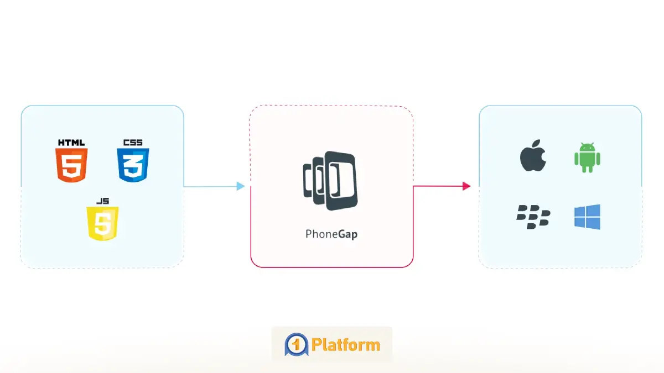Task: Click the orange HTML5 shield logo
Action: pyautogui.click(x=71, y=165)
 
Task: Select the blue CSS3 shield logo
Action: pyautogui.click(x=133, y=165)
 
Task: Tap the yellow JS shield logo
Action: pyautogui.click(x=102, y=223)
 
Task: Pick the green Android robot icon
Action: pyautogui.click(x=587, y=157)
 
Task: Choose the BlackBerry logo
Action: pyautogui.click(x=533, y=216)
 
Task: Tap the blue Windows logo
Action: pyautogui.click(x=587, y=216)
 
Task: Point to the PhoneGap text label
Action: pyautogui.click(x=331, y=234)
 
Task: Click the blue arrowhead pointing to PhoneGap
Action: pyautogui.click(x=241, y=186)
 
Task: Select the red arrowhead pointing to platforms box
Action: pyautogui.click(x=466, y=186)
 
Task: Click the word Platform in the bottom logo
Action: pyautogui.click(x=345, y=345)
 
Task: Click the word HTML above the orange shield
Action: pyautogui.click(x=71, y=143)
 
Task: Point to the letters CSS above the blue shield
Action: pyautogui.click(x=133, y=143)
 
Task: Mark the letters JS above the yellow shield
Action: pyautogui.click(x=102, y=201)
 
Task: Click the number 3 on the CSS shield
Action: pyautogui.click(x=133, y=166)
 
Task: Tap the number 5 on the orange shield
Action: pyautogui.click(x=71, y=166)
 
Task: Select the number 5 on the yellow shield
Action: pyautogui.click(x=102, y=224)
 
